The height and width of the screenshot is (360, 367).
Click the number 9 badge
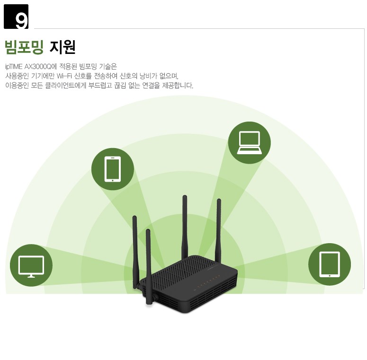[16, 17]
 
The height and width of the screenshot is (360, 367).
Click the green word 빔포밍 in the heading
[24, 47]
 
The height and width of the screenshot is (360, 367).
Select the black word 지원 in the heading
[63, 47]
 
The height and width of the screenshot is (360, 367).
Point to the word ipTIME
[14, 67]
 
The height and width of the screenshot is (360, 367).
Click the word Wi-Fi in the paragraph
[64, 76]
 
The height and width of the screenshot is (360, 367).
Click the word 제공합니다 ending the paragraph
[178, 86]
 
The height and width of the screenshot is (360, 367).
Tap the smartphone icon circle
[113, 169]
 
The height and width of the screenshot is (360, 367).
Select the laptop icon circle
[250, 142]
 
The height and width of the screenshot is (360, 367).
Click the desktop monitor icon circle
[31, 265]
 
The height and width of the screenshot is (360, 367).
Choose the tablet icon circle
[330, 264]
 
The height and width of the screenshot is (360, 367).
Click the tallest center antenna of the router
[185, 226]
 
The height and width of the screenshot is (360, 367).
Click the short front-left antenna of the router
[148, 266]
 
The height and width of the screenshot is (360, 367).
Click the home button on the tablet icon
[330, 276]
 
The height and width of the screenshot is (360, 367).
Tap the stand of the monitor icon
[31, 276]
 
